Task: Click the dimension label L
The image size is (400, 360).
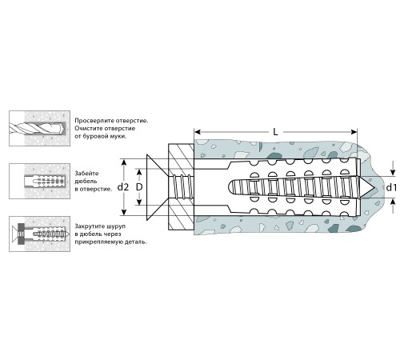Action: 275,132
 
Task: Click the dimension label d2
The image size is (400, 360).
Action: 123,187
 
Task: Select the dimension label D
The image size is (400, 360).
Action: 139,187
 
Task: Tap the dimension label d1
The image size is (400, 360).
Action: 391,188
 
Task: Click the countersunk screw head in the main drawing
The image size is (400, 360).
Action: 158,187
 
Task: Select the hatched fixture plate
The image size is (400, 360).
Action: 181,187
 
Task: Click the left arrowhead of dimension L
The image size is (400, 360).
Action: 198,132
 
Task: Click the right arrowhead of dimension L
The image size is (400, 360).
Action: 354,132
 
